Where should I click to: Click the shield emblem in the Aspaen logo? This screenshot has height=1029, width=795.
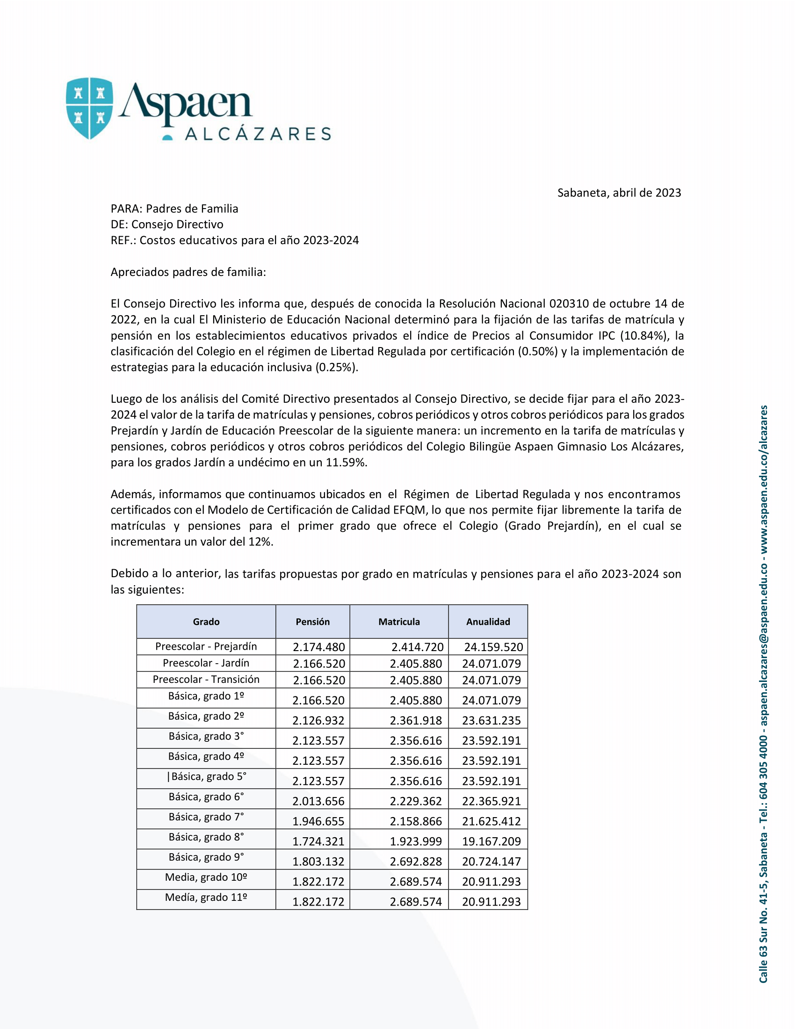89,108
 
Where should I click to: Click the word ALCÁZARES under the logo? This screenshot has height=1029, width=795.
258,134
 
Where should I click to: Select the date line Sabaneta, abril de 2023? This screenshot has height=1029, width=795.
619,193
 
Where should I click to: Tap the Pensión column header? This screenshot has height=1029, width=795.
313,622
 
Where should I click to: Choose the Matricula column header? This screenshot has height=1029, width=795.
399,622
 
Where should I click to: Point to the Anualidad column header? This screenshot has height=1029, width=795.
488,622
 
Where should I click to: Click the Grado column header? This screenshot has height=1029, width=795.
206,622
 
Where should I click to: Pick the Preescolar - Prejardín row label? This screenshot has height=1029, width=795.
206,646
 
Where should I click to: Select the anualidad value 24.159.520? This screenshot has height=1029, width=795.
493,647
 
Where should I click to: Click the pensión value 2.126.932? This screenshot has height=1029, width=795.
318,720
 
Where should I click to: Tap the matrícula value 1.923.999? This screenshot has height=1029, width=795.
416,841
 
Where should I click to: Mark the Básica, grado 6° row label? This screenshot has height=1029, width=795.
206,797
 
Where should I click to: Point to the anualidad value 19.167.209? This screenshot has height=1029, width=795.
491,841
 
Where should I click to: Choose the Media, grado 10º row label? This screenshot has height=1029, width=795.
206,877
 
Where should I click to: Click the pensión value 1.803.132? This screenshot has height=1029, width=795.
318,861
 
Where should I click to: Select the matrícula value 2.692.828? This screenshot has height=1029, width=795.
416,861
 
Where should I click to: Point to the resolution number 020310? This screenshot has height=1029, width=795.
569,304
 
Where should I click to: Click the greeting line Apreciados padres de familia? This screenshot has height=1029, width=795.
188,272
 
